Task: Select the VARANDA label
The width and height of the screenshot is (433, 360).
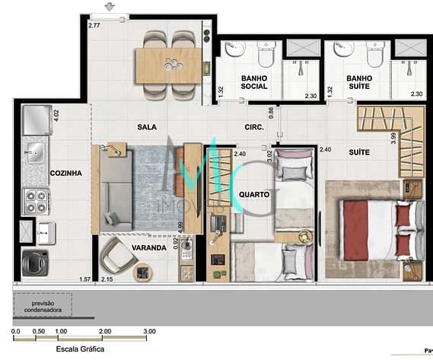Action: (149, 248)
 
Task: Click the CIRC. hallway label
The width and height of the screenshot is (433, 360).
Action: (253, 127)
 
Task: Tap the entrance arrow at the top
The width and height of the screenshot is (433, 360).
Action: (110, 7)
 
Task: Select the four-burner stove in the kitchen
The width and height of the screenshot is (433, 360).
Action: (36, 200)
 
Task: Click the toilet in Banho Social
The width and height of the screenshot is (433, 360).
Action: (266, 54)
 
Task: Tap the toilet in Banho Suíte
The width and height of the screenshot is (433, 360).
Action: (376, 54)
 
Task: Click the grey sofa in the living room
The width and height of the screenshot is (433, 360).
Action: (116, 190)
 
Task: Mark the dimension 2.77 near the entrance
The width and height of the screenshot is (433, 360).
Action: (94, 26)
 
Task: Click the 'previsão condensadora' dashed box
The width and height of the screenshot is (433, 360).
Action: (43, 305)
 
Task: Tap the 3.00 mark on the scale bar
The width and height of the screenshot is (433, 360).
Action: (149, 331)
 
